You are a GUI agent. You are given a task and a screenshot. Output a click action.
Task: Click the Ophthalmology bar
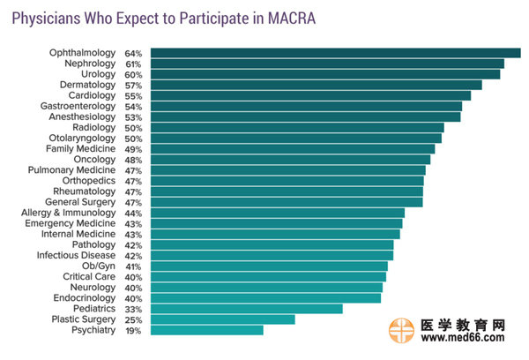(x=335, y=53)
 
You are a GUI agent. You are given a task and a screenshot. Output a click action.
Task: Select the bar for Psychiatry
(x=206, y=330)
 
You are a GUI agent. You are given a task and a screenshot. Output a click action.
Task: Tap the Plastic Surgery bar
(x=222, y=319)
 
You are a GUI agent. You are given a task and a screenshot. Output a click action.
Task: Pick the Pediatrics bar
(x=246, y=309)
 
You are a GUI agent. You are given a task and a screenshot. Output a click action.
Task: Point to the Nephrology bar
(x=327, y=64)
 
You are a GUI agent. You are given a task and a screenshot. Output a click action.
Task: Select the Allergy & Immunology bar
(x=278, y=213)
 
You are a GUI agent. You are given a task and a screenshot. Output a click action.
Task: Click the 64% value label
(x=134, y=53)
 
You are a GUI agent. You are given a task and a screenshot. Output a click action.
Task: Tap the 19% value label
(x=134, y=330)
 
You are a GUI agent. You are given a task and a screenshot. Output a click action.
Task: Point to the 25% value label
(x=134, y=319)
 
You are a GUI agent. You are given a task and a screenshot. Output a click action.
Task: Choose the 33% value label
(x=134, y=309)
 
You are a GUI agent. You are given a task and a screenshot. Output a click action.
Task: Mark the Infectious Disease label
(x=76, y=255)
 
